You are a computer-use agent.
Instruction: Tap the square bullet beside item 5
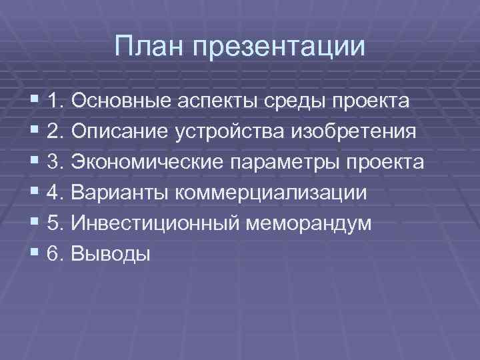click(35, 223)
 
